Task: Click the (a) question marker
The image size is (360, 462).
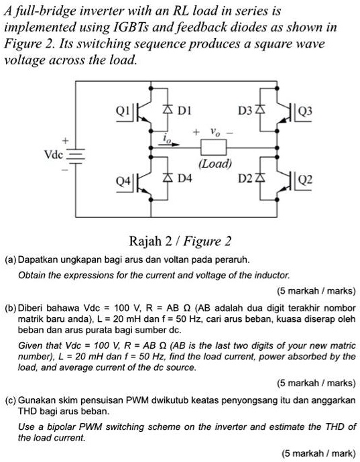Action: pos(11,257)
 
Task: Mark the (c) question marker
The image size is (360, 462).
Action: pos(11,398)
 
